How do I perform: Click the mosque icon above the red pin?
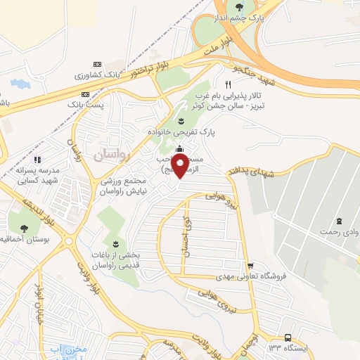click(180, 148)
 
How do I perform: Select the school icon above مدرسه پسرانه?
click(38, 160)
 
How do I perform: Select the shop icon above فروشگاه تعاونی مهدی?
click(250, 266)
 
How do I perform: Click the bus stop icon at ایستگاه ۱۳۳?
click(288, 337)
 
